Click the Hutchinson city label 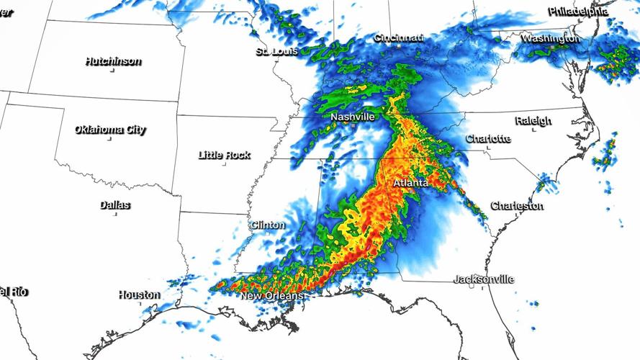click(112, 61)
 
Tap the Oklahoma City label click(110, 130)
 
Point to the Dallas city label click(115, 205)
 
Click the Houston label click(140, 294)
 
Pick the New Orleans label click(271, 296)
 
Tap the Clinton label click(267, 225)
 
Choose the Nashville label click(353, 117)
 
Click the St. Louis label click(276, 52)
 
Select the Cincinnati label click(398, 37)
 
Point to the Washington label click(551, 37)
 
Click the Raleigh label click(533, 121)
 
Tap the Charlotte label click(488, 138)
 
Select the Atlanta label click(411, 184)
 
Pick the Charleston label click(517, 206)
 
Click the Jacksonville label click(484, 279)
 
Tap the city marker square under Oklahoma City click(109, 140)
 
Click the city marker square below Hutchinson click(112, 71)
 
